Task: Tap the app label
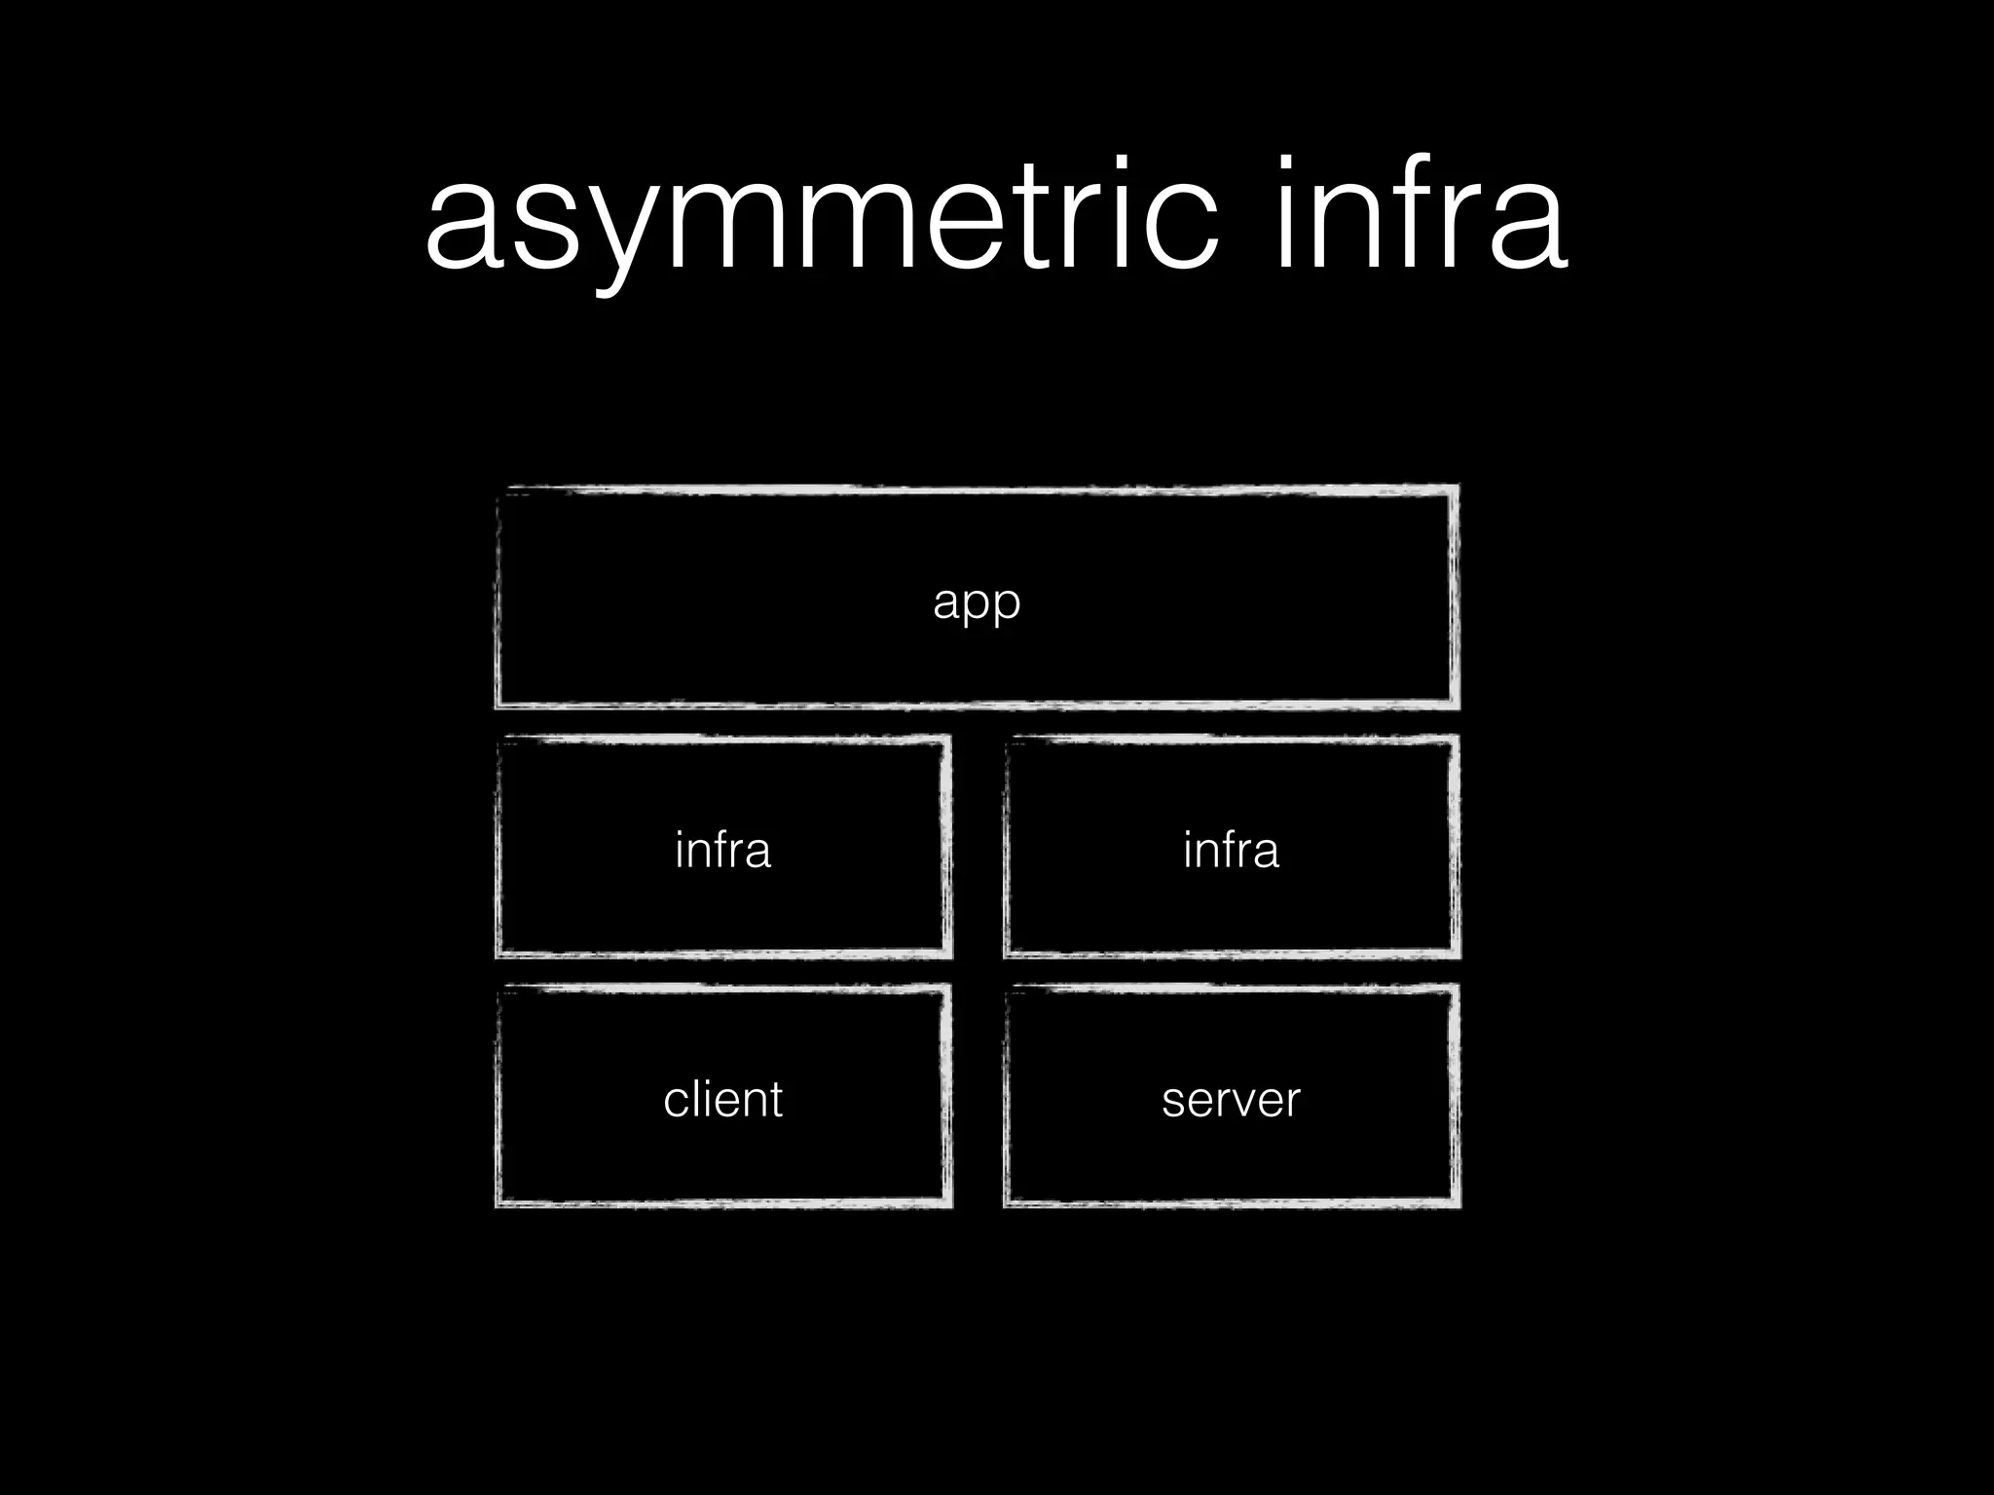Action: [x=977, y=602]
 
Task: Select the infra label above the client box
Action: [x=722, y=850]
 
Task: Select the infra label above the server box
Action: [x=1231, y=850]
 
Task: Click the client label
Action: [x=722, y=1100]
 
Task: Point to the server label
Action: [x=1231, y=1100]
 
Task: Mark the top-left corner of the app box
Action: [x=498, y=490]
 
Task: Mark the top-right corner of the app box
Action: [x=1457, y=488]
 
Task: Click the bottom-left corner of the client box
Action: [x=498, y=1205]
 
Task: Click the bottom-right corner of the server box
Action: [x=1458, y=1205]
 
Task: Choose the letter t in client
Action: [x=775, y=1100]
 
